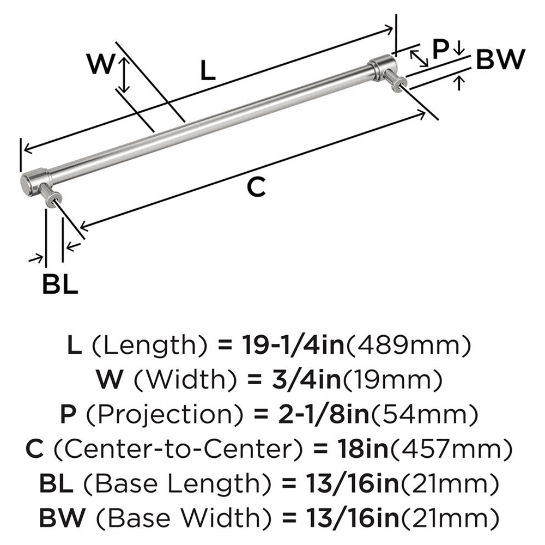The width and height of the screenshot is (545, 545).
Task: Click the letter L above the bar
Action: point(207,70)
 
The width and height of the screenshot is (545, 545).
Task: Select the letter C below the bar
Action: point(256,187)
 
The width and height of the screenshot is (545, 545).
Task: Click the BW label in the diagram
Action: point(500,59)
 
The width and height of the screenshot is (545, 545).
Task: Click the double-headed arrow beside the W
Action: point(125,75)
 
